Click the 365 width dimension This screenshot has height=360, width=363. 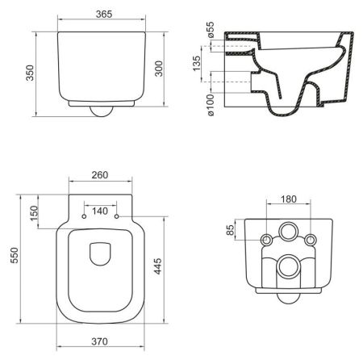click(x=101, y=15)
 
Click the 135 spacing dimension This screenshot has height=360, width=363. click(x=198, y=64)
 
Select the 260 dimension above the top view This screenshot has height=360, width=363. click(x=100, y=175)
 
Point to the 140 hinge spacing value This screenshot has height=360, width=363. click(x=100, y=211)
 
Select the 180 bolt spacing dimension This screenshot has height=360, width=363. click(x=287, y=199)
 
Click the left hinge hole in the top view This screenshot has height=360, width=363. click(x=84, y=216)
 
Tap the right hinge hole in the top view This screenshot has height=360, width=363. click(x=118, y=216)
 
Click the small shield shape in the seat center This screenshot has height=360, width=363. click(x=101, y=254)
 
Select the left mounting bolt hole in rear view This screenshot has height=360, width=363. click(x=266, y=241)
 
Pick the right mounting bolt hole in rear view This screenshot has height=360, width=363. click(x=309, y=241)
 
